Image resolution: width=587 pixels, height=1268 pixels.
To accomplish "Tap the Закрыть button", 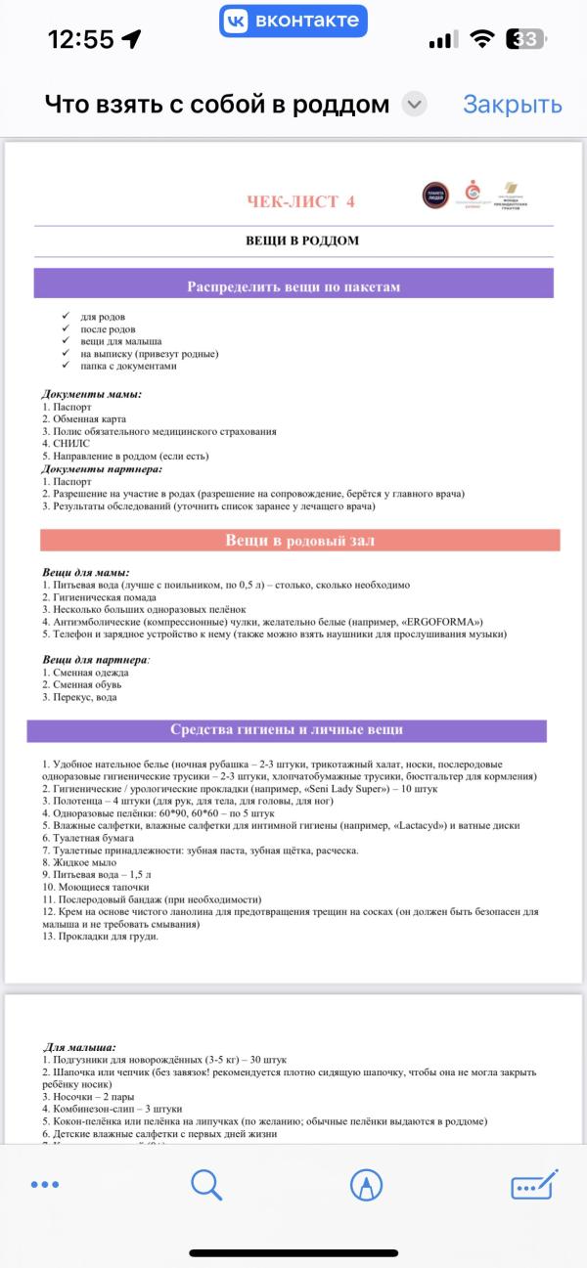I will [512, 105].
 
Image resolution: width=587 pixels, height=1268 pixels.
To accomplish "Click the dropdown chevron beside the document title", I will [415, 105].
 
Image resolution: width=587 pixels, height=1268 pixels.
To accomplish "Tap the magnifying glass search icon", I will [206, 1185].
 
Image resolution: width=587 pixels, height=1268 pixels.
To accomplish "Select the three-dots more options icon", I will [45, 1185].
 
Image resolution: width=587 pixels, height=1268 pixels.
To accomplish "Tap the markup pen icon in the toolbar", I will [366, 1185].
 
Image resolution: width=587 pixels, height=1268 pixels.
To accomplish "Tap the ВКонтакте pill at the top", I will [293, 21].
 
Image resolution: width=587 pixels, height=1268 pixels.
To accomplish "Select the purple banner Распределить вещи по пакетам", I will [293, 286].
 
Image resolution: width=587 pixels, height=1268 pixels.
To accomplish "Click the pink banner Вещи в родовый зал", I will [299, 540].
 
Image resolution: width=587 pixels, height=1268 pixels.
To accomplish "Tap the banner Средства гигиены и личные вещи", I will [286, 730].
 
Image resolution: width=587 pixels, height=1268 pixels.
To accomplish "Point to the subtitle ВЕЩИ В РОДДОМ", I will [301, 240].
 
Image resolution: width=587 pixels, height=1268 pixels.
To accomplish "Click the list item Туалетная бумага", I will [94, 838].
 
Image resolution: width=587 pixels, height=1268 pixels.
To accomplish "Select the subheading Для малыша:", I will [80, 1047].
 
